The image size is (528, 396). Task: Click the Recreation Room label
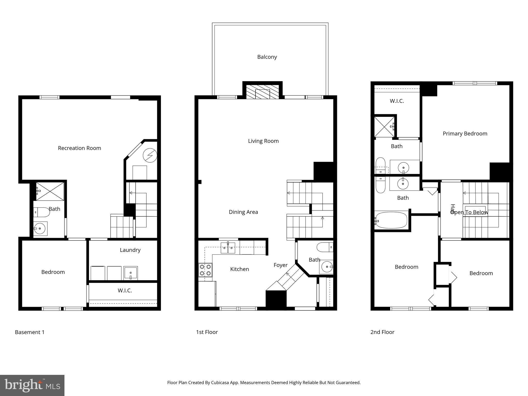[x=79, y=148]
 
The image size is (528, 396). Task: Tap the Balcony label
[x=267, y=57]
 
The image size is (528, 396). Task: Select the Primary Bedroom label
[x=465, y=134]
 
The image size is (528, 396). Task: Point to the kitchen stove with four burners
[x=205, y=270]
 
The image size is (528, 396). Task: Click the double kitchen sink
[x=228, y=248]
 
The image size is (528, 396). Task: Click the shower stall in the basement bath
[x=50, y=191]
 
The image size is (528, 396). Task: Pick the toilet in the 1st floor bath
[x=325, y=247]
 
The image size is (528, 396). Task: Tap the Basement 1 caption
[x=30, y=332]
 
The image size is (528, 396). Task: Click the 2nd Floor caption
[x=382, y=332]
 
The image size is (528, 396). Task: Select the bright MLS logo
[x=32, y=385]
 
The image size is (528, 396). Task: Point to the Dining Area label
[x=243, y=212]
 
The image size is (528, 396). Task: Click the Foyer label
[x=280, y=265]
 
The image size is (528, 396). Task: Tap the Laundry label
[x=130, y=250]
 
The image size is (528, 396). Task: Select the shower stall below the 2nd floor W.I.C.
[x=384, y=127]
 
